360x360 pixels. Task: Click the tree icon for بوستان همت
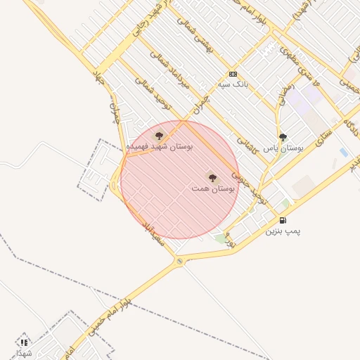tap(212, 178)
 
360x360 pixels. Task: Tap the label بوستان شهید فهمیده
tap(159, 146)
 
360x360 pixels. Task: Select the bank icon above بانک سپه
tap(233, 74)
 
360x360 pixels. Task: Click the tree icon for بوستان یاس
tap(283, 137)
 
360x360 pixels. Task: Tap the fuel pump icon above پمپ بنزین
tap(283, 220)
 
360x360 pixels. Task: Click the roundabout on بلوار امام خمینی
tap(180, 262)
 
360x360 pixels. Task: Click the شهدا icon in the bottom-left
tap(25, 342)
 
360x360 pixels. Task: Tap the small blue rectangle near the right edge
tap(343, 152)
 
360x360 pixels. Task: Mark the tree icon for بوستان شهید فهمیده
tap(159, 135)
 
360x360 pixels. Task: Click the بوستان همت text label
tap(212, 189)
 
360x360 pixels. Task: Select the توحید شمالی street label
tap(152, 95)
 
